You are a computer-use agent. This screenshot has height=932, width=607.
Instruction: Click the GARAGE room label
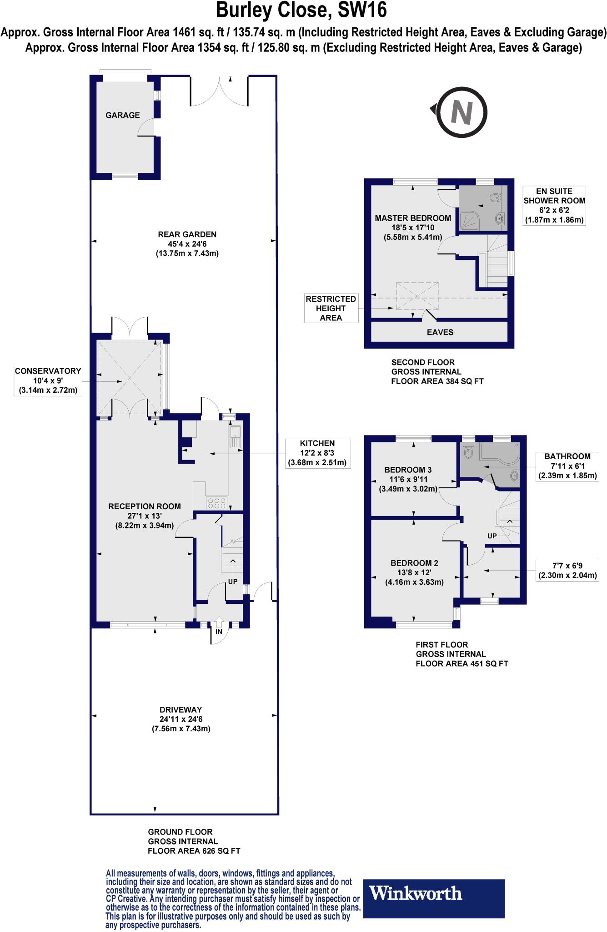coord(123,115)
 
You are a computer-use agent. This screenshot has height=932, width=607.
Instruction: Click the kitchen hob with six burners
coord(217,503)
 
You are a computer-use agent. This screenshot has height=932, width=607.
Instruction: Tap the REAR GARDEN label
coord(187,234)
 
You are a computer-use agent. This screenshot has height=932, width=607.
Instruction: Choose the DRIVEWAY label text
coord(181,709)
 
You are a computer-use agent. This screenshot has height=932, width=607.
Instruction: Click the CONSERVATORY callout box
coord(48,380)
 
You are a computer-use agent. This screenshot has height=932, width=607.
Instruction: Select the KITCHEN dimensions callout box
coord(317,453)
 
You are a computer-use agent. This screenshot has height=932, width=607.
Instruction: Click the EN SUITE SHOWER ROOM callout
coord(554,206)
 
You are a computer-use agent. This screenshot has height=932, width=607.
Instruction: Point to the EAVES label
coord(440,332)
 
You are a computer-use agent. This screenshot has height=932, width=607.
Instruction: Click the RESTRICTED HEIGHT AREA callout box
coord(331,308)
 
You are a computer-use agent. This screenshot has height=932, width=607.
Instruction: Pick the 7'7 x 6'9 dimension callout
coord(567,570)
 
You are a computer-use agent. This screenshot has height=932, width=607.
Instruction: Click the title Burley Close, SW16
coord(301,10)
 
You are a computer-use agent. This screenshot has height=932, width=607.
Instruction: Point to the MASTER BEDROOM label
coord(413,218)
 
